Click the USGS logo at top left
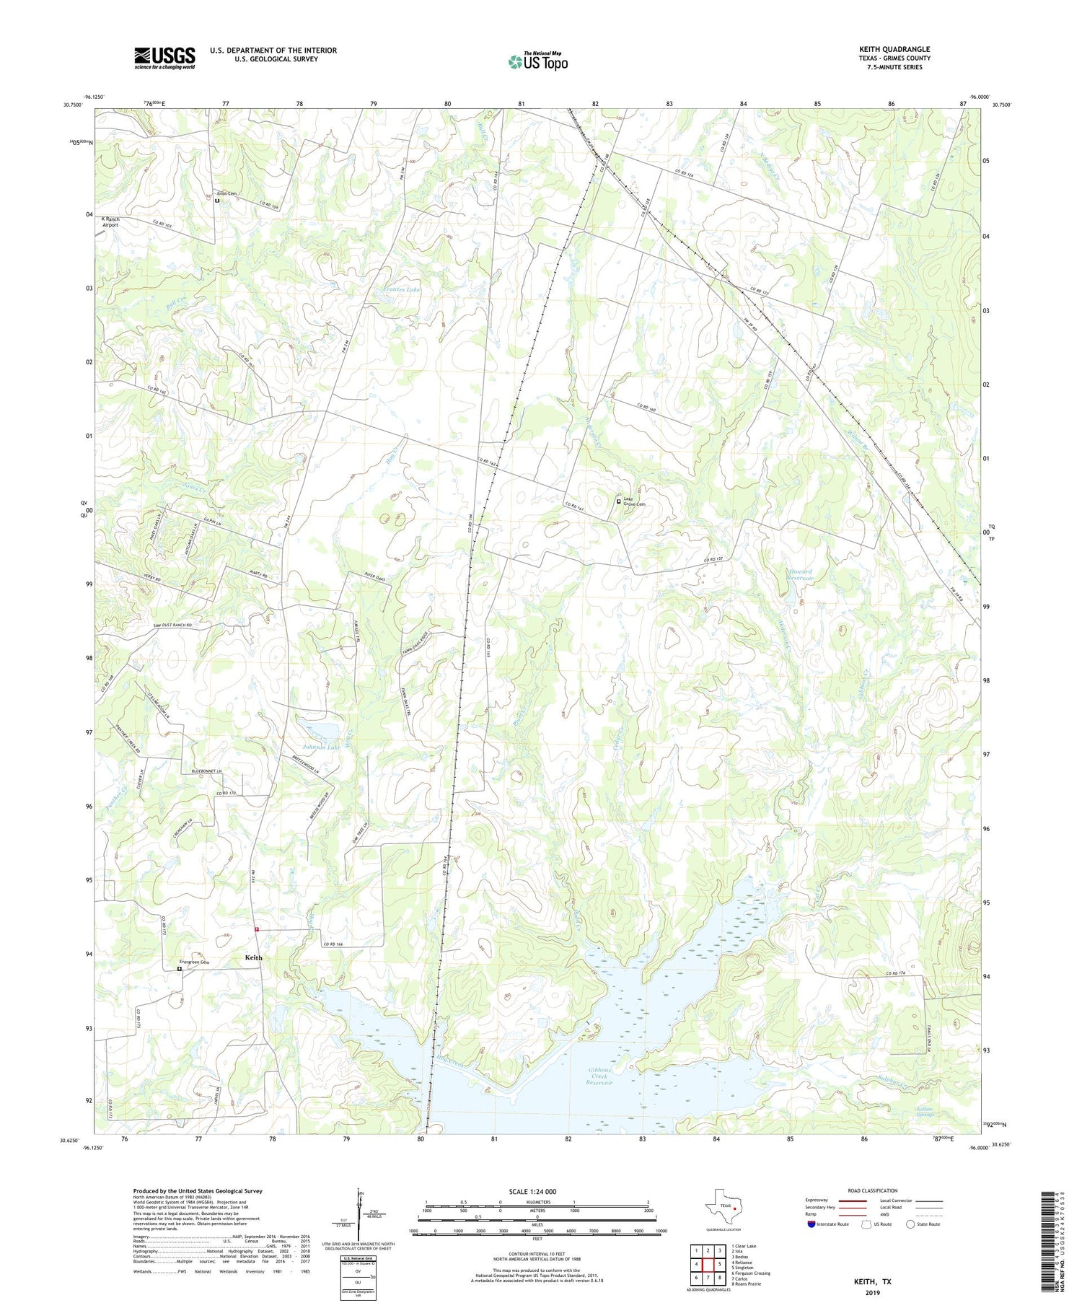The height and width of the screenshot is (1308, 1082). (164, 58)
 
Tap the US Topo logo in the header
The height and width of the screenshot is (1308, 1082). (537, 61)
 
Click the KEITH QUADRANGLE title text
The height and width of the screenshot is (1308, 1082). (894, 49)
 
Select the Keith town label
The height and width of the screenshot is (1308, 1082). (254, 957)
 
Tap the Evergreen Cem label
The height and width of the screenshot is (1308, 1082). (195, 962)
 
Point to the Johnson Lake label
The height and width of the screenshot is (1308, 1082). (322, 747)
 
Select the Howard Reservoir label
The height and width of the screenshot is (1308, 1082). (799, 575)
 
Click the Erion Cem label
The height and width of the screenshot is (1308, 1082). (227, 193)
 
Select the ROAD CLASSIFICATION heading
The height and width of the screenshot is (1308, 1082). (872, 1190)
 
